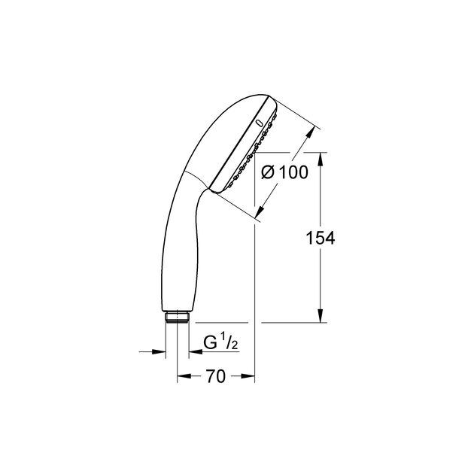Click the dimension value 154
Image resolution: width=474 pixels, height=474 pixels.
coord(320,238)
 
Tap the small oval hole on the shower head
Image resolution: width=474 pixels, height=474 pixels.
coord(260,123)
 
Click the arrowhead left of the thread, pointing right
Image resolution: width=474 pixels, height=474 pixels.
coord(160,351)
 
